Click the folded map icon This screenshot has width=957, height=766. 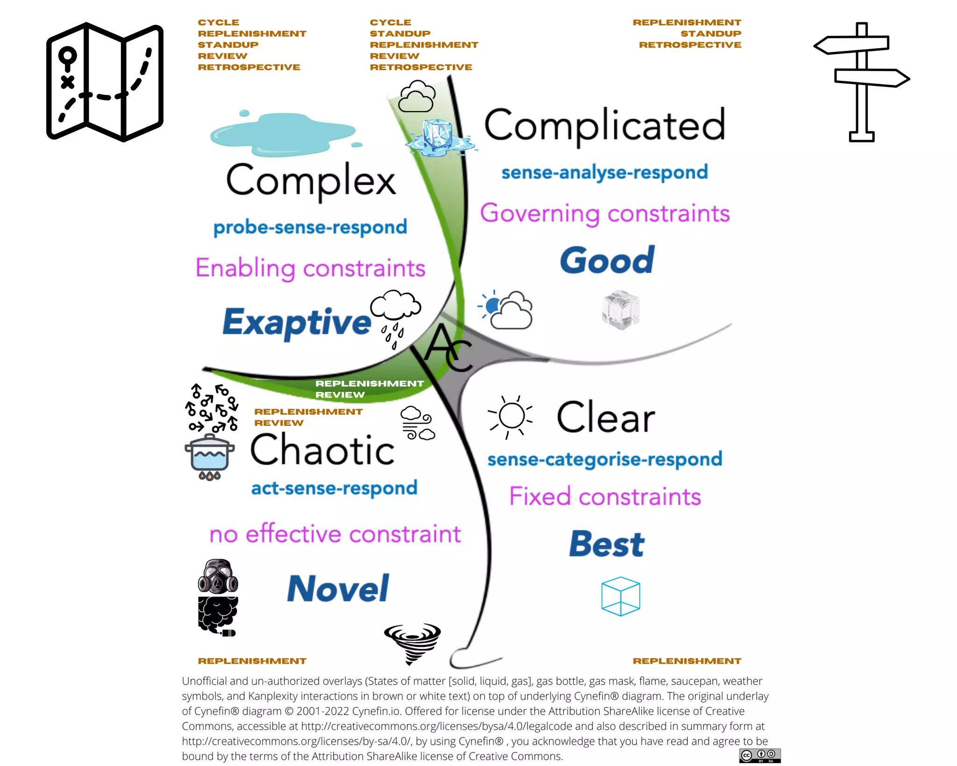coord(105,82)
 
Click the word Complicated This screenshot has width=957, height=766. coord(604,125)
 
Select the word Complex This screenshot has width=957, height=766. coord(311,180)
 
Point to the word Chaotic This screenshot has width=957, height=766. coord(322,449)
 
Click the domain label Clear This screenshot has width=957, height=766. coord(606,417)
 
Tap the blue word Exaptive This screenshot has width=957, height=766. coord(297,322)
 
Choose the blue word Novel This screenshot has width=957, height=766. coord(338,589)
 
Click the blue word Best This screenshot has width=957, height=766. coord(607,544)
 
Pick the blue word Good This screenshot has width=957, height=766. coord(607,260)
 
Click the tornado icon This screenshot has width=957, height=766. coord(412,642)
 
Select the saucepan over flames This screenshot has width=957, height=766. coord(209,457)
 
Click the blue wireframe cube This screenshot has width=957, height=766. coord(621,596)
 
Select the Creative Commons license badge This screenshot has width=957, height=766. coord(759,755)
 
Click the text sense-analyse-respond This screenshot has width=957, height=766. coord(605,172)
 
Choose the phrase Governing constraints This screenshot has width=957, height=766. coord(605,213)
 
